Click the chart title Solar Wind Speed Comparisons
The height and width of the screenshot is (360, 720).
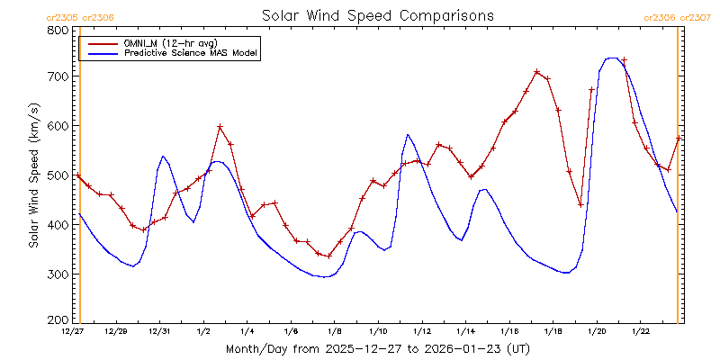click(x=377, y=16)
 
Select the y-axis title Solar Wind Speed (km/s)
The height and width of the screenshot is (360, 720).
click(x=34, y=175)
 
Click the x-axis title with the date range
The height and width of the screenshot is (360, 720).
click(x=377, y=348)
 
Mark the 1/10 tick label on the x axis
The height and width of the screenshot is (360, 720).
click(x=378, y=332)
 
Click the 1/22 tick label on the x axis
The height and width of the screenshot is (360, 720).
click(x=640, y=332)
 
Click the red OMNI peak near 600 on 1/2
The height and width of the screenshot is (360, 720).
click(x=220, y=127)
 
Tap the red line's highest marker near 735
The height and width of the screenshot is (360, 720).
click(x=624, y=60)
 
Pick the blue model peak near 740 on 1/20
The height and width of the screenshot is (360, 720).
click(x=612, y=58)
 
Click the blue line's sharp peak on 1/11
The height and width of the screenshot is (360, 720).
click(x=408, y=135)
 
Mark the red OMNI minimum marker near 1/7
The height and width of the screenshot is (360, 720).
click(x=329, y=256)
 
